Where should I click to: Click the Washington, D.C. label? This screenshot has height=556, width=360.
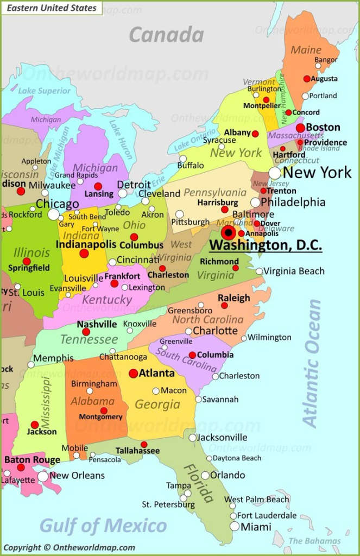click(x=266, y=245)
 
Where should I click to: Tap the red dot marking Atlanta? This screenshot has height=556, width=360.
click(x=133, y=374)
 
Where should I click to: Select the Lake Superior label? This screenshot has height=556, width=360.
click(x=45, y=91)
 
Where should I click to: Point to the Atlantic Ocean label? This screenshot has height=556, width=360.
click(x=312, y=363)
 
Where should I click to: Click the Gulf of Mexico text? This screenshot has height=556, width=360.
click(x=103, y=526)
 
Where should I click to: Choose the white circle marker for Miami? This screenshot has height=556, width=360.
click(x=235, y=526)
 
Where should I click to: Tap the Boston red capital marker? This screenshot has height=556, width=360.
click(x=300, y=128)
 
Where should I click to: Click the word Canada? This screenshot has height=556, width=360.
click(x=166, y=35)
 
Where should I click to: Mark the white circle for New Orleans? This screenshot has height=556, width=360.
click(x=43, y=476)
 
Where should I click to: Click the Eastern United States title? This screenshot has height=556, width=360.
click(x=51, y=8)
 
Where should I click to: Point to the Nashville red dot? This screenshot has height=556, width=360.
click(x=86, y=332)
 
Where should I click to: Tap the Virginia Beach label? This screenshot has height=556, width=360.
click(x=294, y=271)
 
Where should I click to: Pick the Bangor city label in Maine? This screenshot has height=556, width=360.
click(x=326, y=59)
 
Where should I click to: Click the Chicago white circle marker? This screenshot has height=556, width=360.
click(x=53, y=214)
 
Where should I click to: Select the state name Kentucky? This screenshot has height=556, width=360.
click(x=107, y=299)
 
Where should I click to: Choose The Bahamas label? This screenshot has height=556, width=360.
click(x=314, y=541)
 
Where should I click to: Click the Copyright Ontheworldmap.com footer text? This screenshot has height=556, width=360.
click(x=70, y=548)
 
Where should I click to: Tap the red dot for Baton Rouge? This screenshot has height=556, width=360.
click(x=21, y=467)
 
